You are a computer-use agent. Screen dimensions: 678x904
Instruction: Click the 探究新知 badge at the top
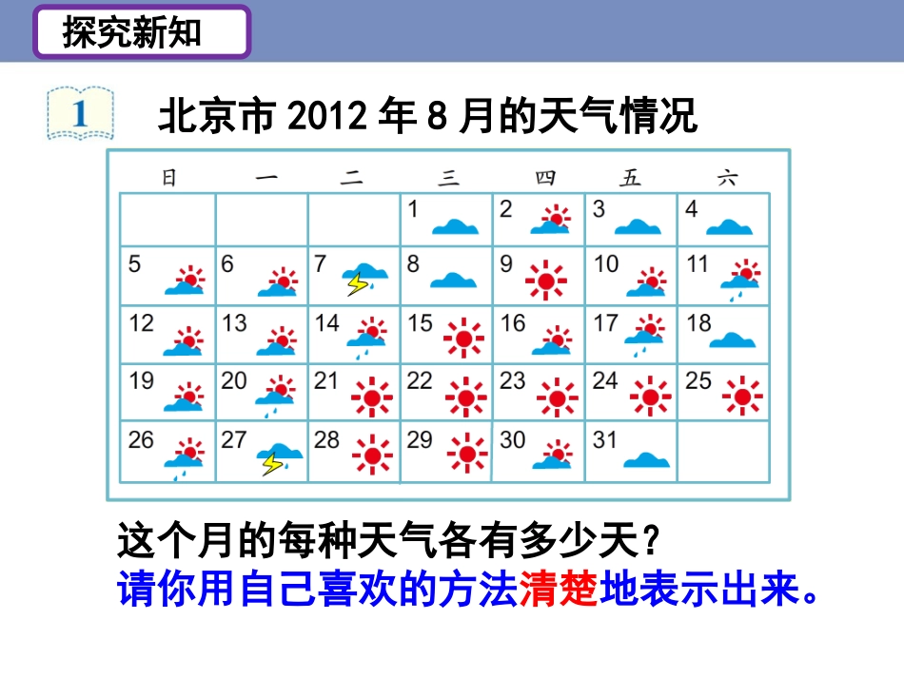(142, 33)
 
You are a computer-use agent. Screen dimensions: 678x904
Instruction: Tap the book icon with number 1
(80, 113)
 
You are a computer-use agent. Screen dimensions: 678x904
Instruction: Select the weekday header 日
(168, 178)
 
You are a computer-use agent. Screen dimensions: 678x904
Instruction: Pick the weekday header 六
(726, 178)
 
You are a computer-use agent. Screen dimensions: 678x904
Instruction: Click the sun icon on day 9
(546, 279)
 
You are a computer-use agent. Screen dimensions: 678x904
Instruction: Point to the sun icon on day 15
(463, 338)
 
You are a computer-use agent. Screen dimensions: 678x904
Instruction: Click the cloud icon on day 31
(642, 459)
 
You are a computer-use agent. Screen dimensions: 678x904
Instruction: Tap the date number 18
(699, 323)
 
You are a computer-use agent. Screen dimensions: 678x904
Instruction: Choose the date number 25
(699, 381)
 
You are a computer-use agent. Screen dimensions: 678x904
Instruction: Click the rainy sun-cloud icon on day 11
(741, 277)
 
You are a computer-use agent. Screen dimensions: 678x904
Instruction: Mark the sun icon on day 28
(371, 455)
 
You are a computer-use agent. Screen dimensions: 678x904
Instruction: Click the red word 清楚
(559, 591)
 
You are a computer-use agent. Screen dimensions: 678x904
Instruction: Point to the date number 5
(134, 263)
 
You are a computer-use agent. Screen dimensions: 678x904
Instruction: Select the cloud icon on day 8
(454, 281)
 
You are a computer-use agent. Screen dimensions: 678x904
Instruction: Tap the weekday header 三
(448, 178)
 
